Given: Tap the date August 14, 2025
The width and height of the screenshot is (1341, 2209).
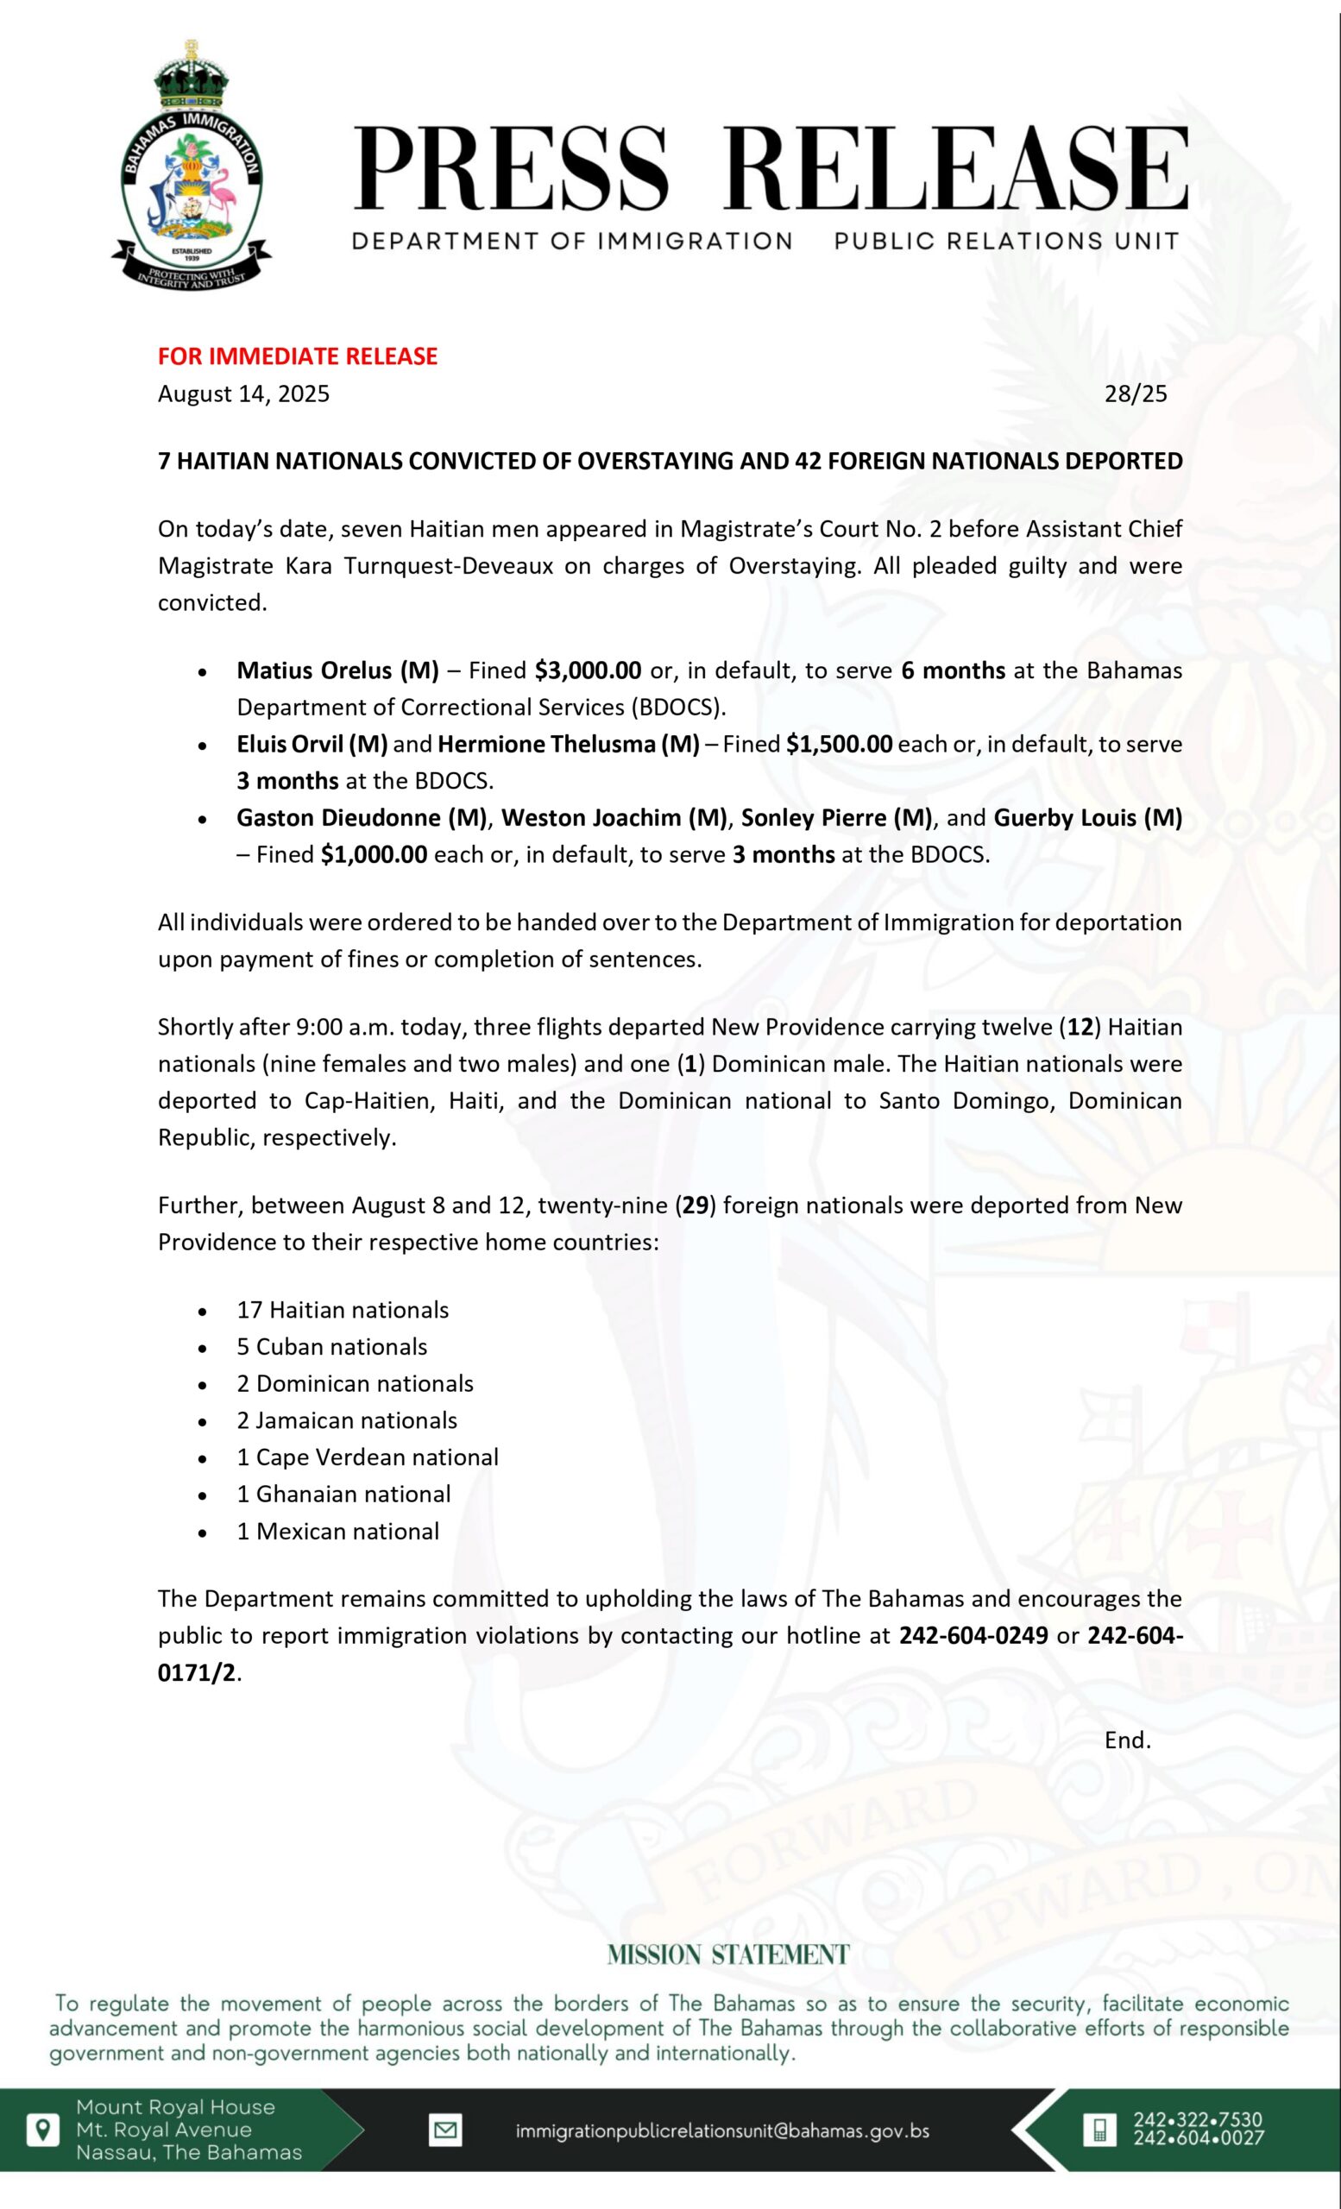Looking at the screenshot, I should tap(244, 393).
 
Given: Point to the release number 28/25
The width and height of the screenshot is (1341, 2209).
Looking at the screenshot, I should tap(1136, 393).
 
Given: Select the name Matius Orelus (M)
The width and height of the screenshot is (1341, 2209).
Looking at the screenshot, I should tap(338, 670).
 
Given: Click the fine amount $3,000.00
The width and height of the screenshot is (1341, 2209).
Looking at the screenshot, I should tap(588, 670).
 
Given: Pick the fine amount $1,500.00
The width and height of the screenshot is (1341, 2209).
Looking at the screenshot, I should tap(839, 743).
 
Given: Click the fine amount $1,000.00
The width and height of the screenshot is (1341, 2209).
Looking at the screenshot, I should tap(374, 853).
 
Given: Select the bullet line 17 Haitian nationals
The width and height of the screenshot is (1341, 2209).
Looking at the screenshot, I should tap(343, 1309).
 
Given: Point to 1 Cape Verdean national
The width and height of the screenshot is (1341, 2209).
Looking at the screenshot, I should tap(368, 1456).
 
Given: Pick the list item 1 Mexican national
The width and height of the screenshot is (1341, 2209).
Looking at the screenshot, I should tap(338, 1531).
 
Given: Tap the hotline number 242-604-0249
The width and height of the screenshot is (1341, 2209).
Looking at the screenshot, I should tap(973, 1634).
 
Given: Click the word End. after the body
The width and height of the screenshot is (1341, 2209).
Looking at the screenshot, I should tap(1127, 1740).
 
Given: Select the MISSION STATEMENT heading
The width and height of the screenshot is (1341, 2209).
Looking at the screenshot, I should tap(727, 1955).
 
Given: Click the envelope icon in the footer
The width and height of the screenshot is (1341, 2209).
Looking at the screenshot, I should tap(444, 2130).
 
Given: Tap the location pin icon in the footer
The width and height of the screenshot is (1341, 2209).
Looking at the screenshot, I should tap(42, 2130).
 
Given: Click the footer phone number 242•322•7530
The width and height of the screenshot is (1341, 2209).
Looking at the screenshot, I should tap(1198, 2119).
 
